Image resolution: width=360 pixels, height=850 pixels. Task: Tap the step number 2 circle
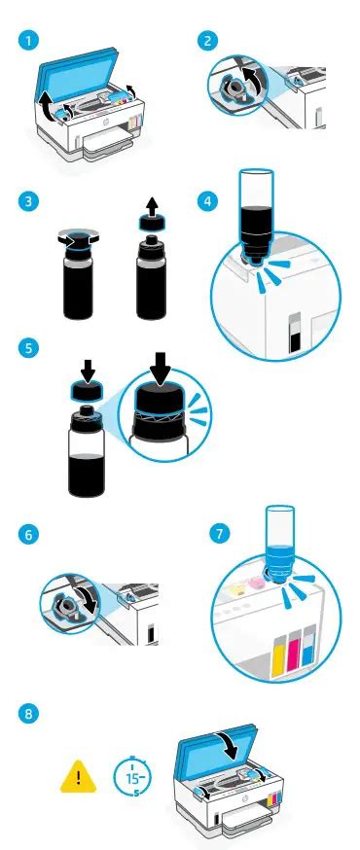[x=210, y=41]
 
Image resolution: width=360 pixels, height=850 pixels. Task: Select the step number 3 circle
[x=26, y=202]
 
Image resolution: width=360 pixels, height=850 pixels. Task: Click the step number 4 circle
[x=210, y=202]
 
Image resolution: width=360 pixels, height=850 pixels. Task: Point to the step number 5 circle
[x=26, y=347]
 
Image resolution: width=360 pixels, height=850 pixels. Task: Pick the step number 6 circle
[x=26, y=535]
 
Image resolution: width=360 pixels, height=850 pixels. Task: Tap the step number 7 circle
[x=219, y=533]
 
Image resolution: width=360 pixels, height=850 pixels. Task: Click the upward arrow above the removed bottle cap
[x=153, y=206]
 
